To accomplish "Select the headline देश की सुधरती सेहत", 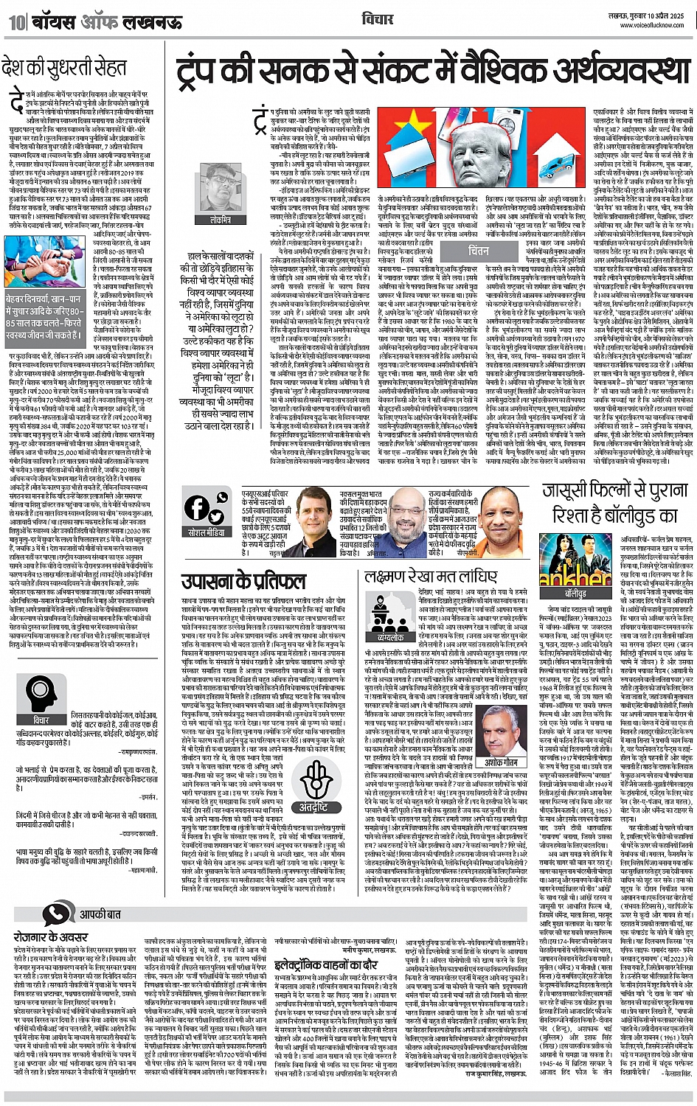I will click(65, 69).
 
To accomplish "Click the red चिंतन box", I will click(479, 250).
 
